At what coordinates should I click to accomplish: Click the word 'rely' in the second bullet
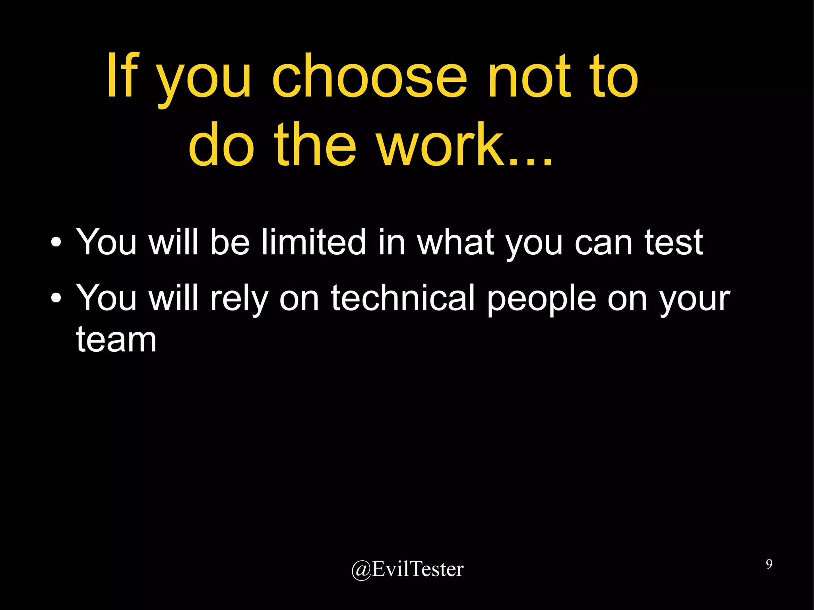coord(238,299)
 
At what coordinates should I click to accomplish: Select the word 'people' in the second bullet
coord(541,299)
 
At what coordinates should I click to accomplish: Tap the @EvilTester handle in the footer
coord(407,569)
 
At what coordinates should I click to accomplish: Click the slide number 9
coord(769,564)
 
